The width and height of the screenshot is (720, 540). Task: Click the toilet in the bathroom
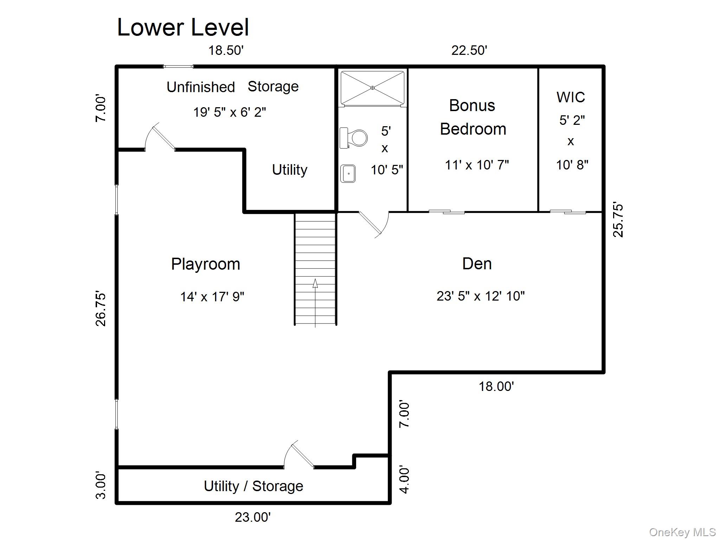(x=353, y=138)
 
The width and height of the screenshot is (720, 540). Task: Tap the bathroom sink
(x=348, y=174)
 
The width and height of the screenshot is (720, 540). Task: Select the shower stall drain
(x=372, y=88)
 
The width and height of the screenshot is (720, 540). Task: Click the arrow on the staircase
(x=315, y=303)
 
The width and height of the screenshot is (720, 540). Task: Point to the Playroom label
(x=206, y=264)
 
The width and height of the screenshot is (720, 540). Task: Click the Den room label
(x=477, y=264)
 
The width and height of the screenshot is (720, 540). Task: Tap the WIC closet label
(x=571, y=97)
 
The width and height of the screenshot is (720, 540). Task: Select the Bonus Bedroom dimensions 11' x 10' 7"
(x=477, y=165)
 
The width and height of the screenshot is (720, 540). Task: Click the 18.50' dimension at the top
(x=226, y=50)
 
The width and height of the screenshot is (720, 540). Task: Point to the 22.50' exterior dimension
(x=469, y=50)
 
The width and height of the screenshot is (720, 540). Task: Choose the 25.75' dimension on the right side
(x=618, y=219)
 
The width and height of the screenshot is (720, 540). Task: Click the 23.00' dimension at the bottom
(x=253, y=517)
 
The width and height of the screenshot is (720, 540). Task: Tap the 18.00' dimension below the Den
(x=496, y=387)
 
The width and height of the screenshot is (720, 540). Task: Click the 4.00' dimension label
(x=404, y=480)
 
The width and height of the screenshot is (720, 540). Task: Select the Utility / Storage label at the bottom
(x=253, y=486)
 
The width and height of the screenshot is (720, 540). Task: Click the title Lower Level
(x=183, y=27)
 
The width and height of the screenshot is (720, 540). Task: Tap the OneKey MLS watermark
(x=682, y=532)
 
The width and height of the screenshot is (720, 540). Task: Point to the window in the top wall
(x=178, y=66)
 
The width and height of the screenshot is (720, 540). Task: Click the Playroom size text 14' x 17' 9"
(x=212, y=297)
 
